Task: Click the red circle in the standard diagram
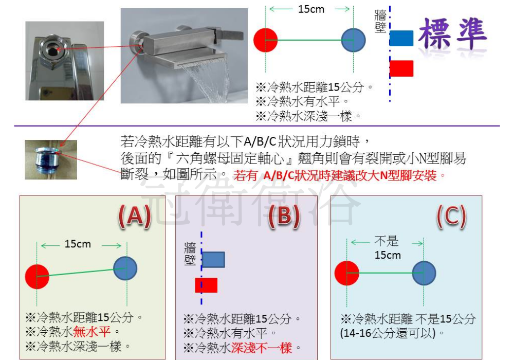266,40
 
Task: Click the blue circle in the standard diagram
354,40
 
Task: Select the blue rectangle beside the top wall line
401,38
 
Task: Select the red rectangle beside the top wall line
401,68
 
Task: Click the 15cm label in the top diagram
311,9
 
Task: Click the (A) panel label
134,217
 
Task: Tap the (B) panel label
284,217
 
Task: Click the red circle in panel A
37,276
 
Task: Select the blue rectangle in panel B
213,260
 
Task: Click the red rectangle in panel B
207,285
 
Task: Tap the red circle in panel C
347,273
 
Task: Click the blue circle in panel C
424,273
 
